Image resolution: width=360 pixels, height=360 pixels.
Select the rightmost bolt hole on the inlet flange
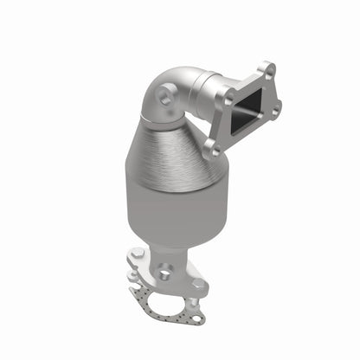(276, 108)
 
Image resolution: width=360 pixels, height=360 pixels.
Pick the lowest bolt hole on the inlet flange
(211, 146)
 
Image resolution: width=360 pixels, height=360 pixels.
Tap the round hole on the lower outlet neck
(165, 274)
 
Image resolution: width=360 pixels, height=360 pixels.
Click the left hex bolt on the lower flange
(137, 255)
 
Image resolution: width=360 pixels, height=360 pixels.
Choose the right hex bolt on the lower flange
(200, 284)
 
